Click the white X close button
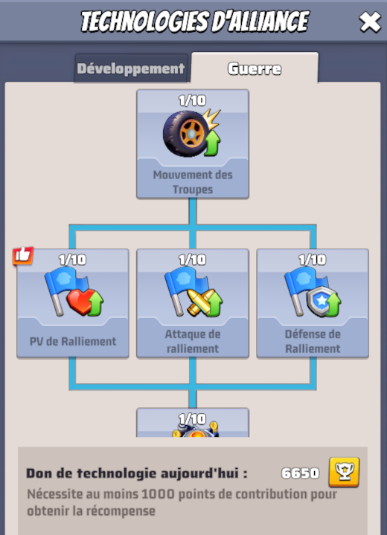370,22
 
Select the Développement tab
131,69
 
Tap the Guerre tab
255,69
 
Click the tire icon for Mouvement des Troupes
186,134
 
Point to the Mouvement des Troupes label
193,182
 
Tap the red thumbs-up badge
22,256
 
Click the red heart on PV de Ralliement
80,301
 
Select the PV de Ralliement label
72,342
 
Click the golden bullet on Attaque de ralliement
199,301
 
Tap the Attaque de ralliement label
193,341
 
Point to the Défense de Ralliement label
313,341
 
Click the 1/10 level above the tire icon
193,100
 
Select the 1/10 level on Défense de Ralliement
313,259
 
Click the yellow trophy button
344,472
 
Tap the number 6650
300,473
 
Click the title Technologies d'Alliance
193,22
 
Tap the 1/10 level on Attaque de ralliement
193,259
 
